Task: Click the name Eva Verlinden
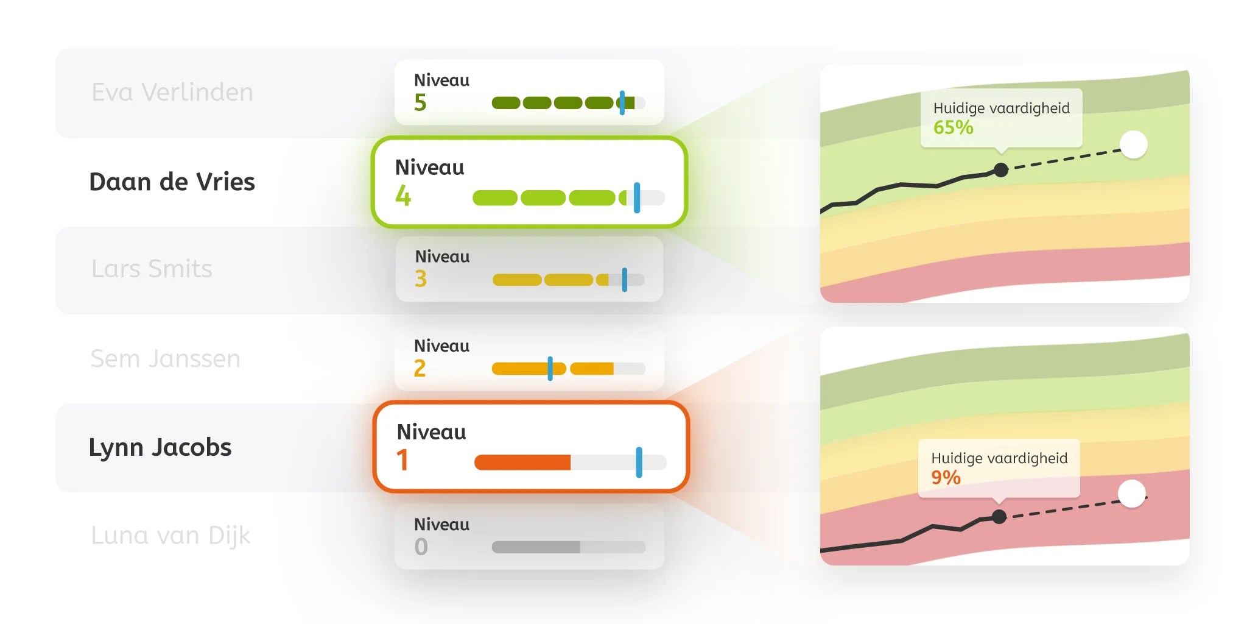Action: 172,93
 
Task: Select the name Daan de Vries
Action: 172,182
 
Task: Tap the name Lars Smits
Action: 152,269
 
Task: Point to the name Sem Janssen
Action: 165,358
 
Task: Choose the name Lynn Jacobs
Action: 160,447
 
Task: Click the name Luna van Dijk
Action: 170,536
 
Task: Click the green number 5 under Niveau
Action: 420,102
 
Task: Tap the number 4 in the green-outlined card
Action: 403,196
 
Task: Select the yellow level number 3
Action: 421,278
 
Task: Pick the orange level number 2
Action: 420,368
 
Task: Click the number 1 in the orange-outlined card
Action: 402,460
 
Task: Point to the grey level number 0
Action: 421,547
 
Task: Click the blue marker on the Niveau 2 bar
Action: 550,369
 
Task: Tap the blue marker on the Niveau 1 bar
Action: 639,462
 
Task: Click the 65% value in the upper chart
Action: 953,127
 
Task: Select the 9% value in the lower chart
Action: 946,477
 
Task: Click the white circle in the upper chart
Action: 1133,145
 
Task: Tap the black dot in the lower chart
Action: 999,517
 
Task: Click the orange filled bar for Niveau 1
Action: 522,463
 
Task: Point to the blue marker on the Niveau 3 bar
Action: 624,280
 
